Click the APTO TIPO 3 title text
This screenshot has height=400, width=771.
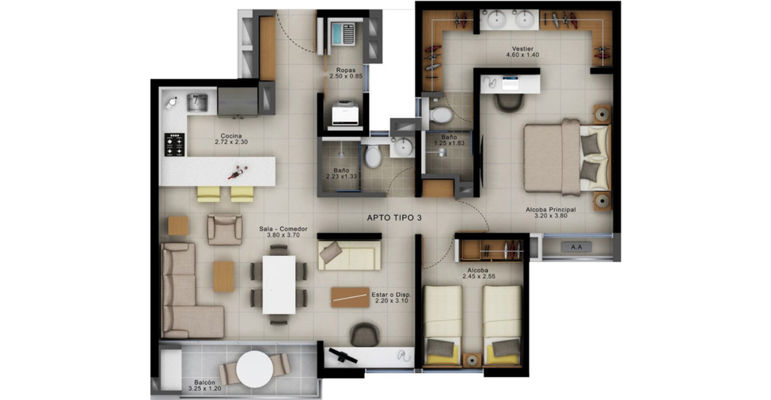[x=394, y=218]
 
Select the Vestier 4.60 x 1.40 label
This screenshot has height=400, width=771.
[x=522, y=51]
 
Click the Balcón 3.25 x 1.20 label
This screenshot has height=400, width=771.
[x=204, y=385]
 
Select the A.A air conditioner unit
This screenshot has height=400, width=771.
[x=575, y=247]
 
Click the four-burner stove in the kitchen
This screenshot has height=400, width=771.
[x=175, y=145]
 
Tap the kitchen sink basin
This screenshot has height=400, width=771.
[x=196, y=102]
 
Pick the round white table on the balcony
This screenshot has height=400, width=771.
[x=254, y=369]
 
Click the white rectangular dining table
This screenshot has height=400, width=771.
[x=279, y=284]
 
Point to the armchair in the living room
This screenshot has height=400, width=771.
[x=225, y=229]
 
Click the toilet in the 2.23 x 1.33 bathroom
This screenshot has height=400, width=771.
[x=373, y=155]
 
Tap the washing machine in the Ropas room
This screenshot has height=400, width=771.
[x=346, y=113]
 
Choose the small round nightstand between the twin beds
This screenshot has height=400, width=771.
[x=473, y=360]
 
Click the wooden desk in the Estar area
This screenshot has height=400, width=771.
[x=350, y=297]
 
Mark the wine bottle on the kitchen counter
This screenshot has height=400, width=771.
[x=238, y=172]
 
